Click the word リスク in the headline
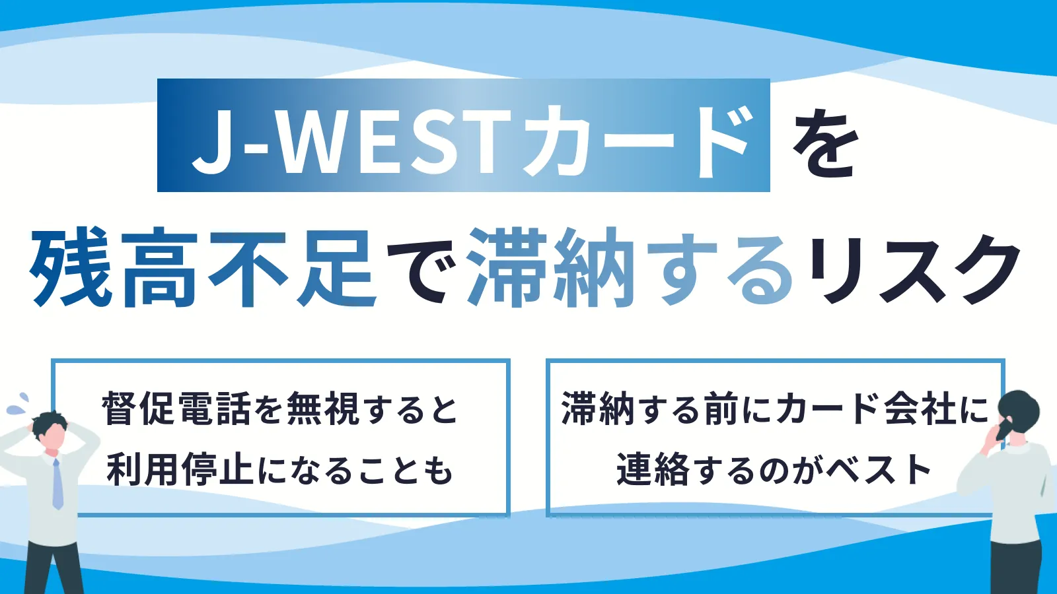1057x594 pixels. pyautogui.click(x=913, y=269)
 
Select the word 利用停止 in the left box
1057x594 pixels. pyautogui.click(x=181, y=469)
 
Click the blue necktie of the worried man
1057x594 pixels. pyautogui.click(x=57, y=482)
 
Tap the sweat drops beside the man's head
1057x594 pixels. pyautogui.click(x=17, y=403)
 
